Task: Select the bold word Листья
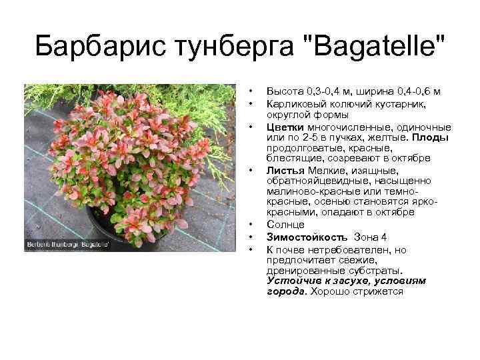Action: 283,170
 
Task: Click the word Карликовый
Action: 294,104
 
